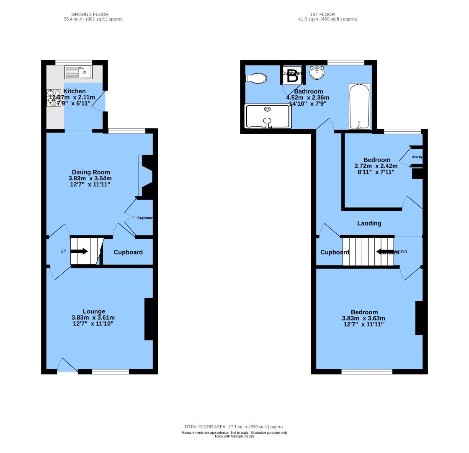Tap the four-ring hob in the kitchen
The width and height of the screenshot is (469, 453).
54,97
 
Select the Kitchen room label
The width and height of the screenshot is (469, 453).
75,91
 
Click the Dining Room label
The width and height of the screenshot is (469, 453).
91,172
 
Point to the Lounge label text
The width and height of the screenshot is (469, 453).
94,311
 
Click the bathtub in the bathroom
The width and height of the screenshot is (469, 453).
359,106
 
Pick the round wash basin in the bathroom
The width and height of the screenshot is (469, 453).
317,73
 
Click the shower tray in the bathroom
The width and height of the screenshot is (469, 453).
268,116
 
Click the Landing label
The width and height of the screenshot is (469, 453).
369,223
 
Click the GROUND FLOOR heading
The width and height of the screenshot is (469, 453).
87,14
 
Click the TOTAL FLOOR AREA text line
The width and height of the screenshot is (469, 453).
234,427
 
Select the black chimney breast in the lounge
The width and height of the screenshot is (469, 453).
148,319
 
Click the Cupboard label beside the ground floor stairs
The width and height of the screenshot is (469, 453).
128,252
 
